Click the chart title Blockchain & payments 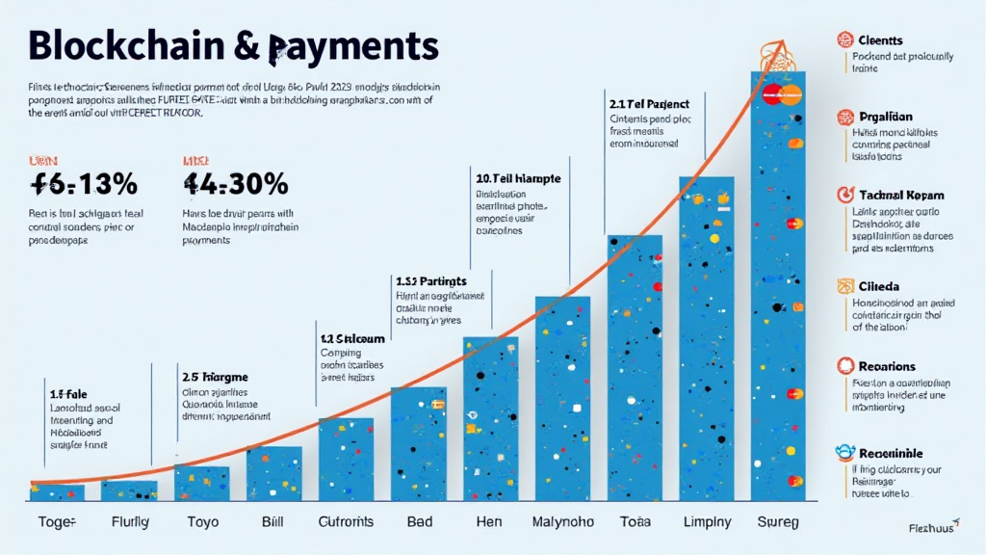233,46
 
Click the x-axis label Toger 57,522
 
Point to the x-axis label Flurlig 129,522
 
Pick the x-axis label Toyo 201,522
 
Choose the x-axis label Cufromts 346,522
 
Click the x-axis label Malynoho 562,522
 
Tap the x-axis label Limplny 707,522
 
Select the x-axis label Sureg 778,522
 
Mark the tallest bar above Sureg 778,289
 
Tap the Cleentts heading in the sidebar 879,40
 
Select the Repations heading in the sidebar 886,366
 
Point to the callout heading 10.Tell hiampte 518,178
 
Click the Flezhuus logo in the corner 932,527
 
